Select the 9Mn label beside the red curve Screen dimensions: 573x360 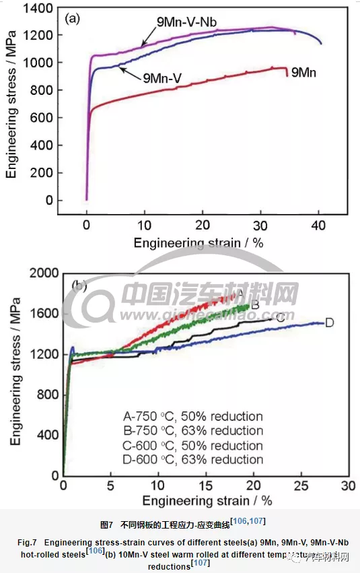coord(304,70)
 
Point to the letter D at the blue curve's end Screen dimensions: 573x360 coord(330,323)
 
